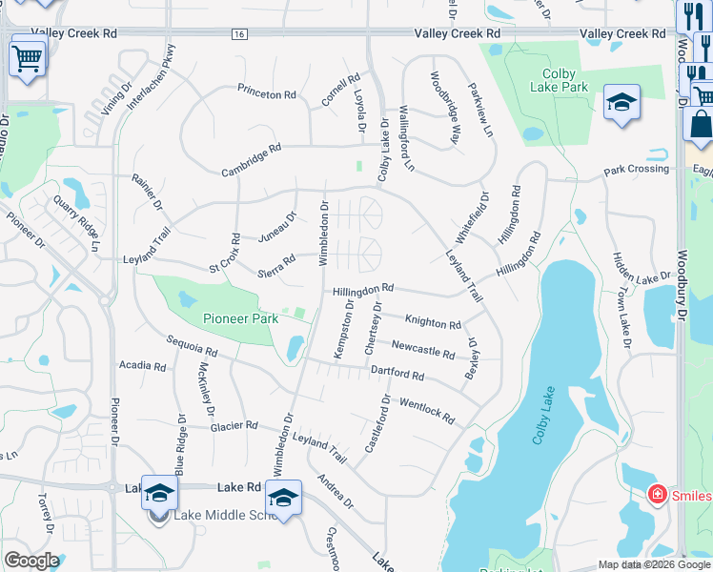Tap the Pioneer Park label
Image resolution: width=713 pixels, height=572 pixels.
[240, 318]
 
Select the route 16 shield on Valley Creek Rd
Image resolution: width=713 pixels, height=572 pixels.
[238, 33]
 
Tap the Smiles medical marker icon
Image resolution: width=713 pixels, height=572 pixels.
[657, 494]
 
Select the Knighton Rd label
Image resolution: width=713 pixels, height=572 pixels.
[433, 322]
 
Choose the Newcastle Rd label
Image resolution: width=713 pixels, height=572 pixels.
[423, 349]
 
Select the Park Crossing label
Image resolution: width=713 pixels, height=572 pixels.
[637, 170]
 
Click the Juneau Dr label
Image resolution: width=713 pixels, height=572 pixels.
[278, 229]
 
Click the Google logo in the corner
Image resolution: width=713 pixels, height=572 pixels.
[31, 561]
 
